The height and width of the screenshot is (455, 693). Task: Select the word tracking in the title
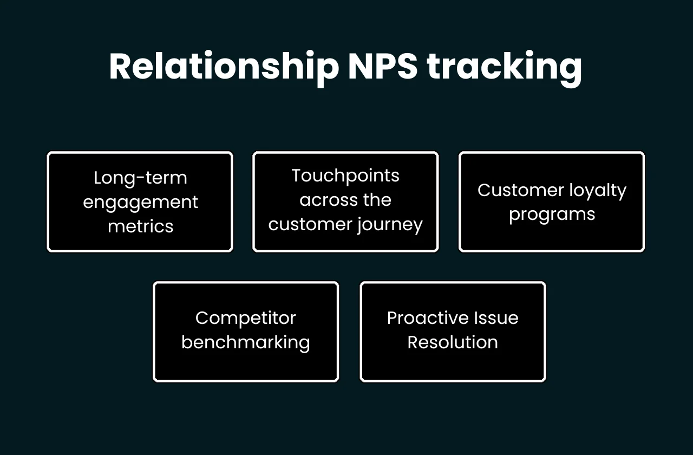504,67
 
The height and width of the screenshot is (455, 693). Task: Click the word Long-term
140,178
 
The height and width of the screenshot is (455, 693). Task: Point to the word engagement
140,203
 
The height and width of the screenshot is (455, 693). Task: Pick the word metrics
140,226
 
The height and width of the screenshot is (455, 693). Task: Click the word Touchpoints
345,175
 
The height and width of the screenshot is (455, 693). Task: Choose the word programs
552,214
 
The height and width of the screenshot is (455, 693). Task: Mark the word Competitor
245,318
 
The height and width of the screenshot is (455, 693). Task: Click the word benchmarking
245,342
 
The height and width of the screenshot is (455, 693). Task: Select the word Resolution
453,342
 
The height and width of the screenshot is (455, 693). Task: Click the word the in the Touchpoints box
377,200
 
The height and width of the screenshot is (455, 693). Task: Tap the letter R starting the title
121,67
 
